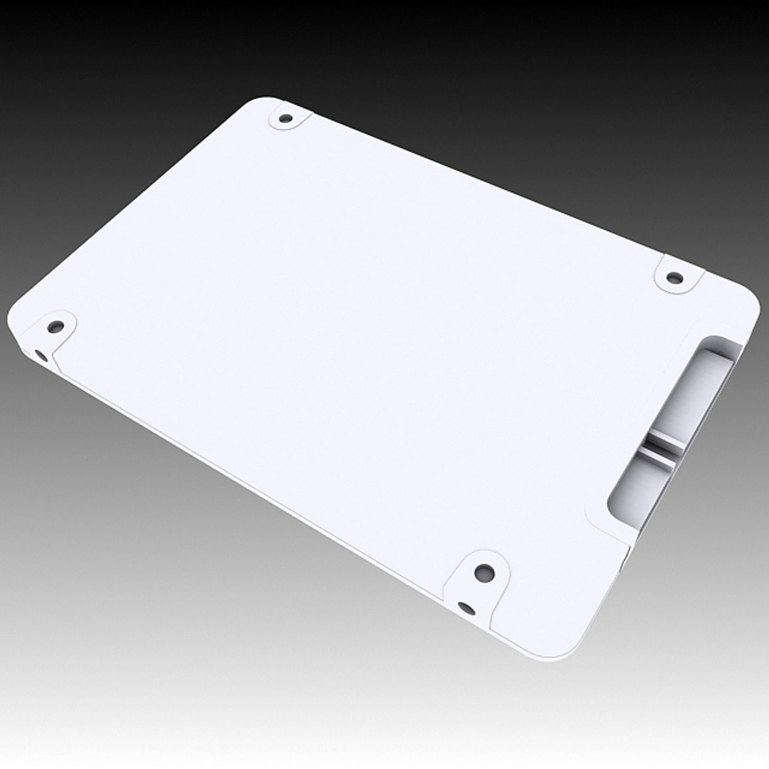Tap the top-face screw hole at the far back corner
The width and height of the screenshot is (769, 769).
click(286, 118)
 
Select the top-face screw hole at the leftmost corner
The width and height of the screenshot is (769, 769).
click(56, 328)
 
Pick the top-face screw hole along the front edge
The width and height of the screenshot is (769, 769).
click(484, 571)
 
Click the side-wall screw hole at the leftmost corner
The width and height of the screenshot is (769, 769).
click(40, 354)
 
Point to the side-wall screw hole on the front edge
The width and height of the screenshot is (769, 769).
click(466, 607)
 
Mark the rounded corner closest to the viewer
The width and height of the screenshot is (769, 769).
click(563, 652)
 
